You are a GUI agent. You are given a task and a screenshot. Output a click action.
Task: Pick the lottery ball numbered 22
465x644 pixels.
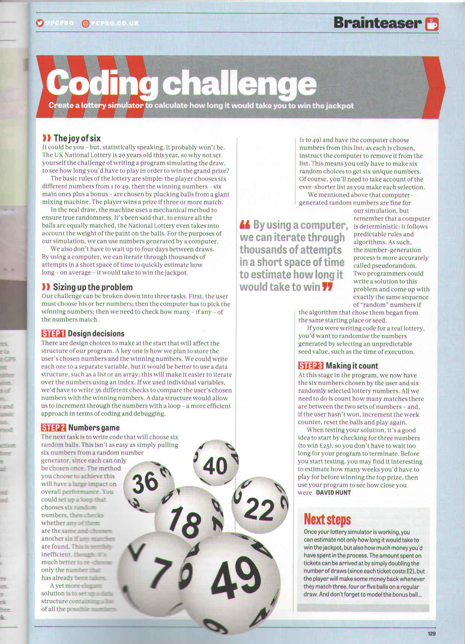(x=260, y=507)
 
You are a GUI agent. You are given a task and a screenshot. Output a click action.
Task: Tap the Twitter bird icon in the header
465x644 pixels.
(x=40, y=23)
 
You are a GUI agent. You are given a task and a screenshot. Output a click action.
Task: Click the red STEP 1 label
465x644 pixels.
(x=53, y=333)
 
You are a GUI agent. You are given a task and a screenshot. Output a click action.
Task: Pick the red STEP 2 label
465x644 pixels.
(x=53, y=427)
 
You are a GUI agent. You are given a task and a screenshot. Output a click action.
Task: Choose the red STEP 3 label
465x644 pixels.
(x=310, y=366)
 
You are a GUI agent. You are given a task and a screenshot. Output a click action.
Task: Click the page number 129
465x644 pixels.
(x=432, y=633)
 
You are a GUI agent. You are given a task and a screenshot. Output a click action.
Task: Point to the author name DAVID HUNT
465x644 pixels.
(x=333, y=493)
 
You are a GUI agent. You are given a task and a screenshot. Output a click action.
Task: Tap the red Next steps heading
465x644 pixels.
(x=327, y=519)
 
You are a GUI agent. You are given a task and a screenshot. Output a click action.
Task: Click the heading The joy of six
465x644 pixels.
(x=77, y=138)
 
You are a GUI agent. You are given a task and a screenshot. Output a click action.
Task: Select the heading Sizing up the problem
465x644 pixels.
(x=92, y=287)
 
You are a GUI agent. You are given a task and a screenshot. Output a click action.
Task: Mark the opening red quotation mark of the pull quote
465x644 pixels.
(x=245, y=225)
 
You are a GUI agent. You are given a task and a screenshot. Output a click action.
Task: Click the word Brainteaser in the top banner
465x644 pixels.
(x=377, y=23)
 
